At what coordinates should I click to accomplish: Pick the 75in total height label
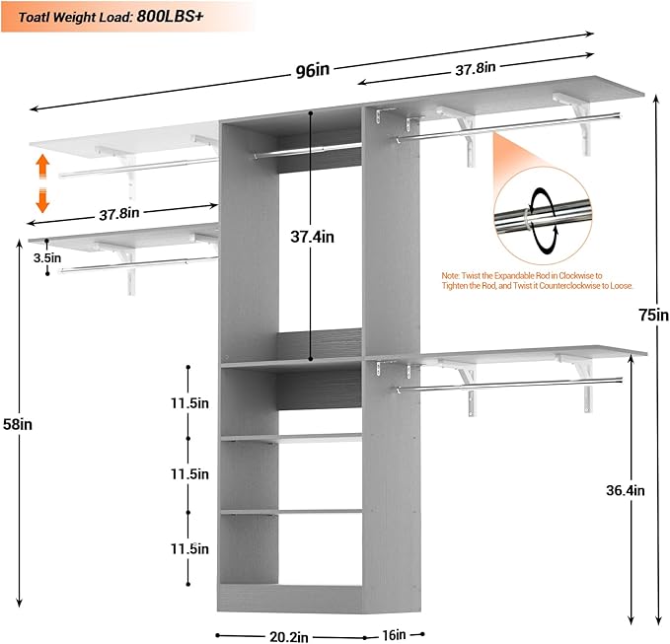[654, 316]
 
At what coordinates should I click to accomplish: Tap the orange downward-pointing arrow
[42, 200]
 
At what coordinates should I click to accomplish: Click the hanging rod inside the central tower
[306, 151]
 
